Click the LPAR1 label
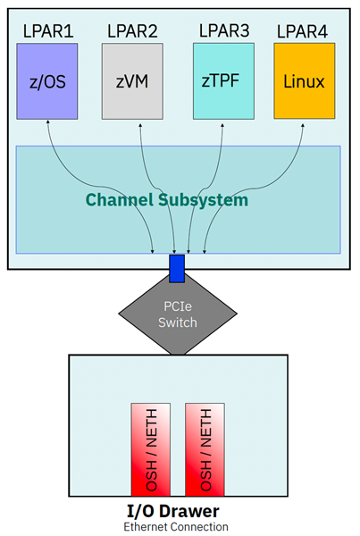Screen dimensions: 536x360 click(x=47, y=32)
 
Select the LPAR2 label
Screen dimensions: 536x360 click(x=132, y=32)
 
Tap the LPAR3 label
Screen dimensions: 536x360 click(x=222, y=31)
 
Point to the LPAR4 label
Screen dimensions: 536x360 click(x=303, y=32)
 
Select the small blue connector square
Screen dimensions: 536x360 click(x=177, y=267)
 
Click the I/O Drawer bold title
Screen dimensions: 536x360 click(x=176, y=511)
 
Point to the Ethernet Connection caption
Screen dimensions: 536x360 click(x=176, y=527)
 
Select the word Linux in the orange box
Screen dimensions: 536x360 click(x=304, y=82)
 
